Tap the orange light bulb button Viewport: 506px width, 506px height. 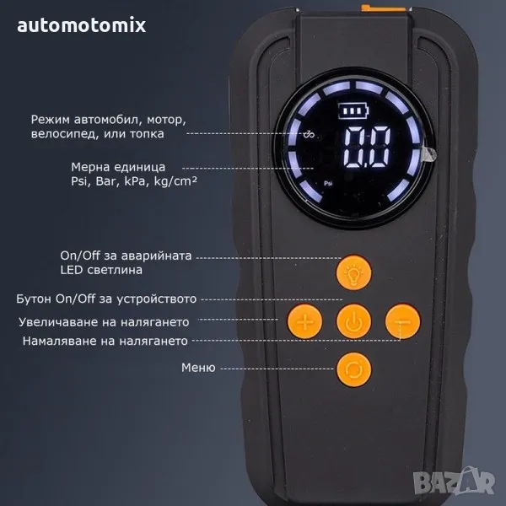(353, 272)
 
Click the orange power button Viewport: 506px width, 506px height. (353, 321)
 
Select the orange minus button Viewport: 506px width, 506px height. (401, 321)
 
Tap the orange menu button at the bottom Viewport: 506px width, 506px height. (353, 369)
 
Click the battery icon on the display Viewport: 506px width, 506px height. (347, 111)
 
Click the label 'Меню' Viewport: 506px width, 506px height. (198, 368)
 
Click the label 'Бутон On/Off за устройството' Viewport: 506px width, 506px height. (106, 299)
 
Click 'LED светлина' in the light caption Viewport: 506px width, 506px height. (100, 270)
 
